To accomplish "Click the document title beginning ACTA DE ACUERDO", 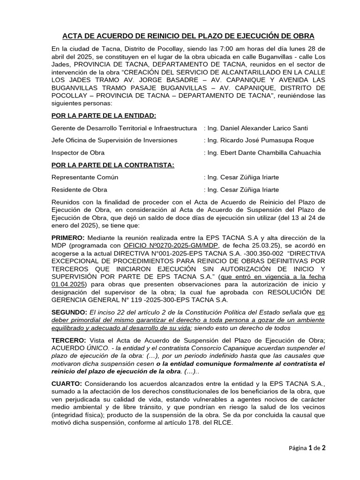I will [x=188, y=36].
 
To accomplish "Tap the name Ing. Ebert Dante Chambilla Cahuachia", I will [x=262, y=152].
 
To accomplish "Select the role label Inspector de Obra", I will [x=78, y=152].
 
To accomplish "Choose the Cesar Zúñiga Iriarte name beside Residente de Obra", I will [x=243, y=189].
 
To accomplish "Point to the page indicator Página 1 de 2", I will [x=307, y=448].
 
